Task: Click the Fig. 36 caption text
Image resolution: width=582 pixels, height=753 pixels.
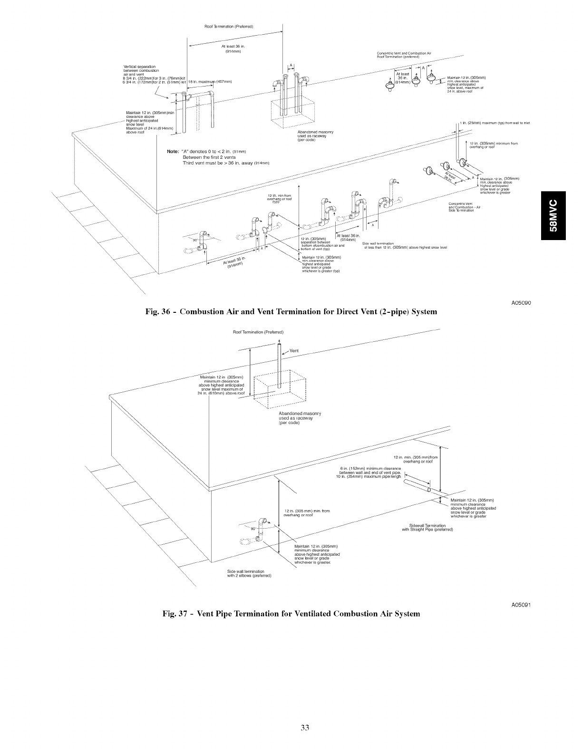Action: pyautogui.click(x=291, y=312)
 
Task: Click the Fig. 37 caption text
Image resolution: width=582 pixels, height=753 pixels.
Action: pyautogui.click(x=291, y=613)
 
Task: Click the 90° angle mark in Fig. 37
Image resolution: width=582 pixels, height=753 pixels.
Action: pyautogui.click(x=252, y=528)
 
